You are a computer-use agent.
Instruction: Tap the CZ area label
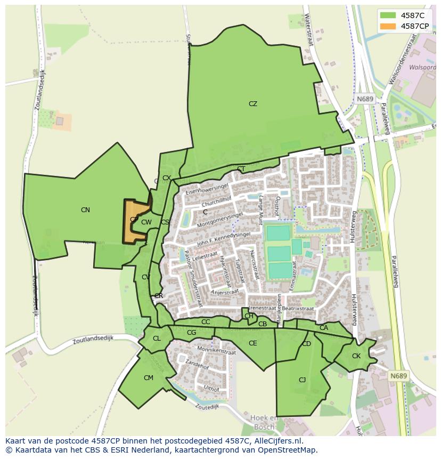(253, 104)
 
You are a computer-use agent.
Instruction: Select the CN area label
(85, 210)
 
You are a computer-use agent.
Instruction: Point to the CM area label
(149, 378)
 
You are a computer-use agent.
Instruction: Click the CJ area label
(302, 380)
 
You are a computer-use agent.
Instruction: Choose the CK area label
(356, 356)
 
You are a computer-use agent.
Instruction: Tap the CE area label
(253, 343)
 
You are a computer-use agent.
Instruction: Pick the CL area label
(157, 339)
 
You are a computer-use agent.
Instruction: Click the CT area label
(241, 170)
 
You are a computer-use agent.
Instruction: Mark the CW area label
(146, 222)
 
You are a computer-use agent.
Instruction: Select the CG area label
(192, 333)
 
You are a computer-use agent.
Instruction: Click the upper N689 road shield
(365, 99)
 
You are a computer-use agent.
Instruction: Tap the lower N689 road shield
(398, 376)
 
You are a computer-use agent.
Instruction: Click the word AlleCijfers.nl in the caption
(276, 441)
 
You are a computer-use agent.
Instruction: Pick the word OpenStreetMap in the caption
(290, 450)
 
